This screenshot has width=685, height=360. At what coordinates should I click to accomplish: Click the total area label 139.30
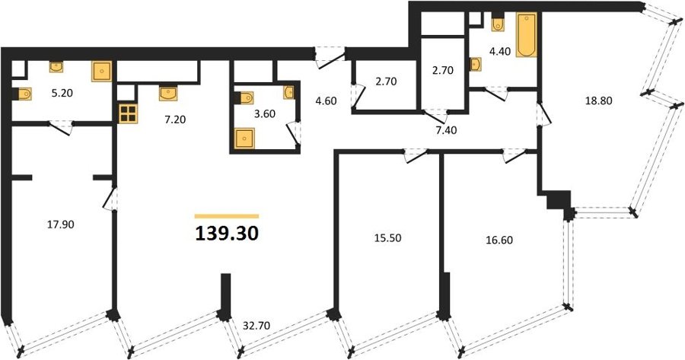(227, 234)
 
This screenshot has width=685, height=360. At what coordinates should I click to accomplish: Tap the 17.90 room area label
(60, 225)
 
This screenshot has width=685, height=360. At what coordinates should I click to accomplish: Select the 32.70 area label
(256, 326)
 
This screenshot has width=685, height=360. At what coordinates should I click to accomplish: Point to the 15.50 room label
(387, 238)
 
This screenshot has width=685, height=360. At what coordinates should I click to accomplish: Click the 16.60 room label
(499, 240)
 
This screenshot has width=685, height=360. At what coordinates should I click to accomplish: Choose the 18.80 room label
(598, 101)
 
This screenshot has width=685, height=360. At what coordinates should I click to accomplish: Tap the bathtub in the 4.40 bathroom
(526, 35)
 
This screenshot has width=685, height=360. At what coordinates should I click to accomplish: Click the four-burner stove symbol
(128, 113)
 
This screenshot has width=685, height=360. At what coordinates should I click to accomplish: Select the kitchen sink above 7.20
(168, 93)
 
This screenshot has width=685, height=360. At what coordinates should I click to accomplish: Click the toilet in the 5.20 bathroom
(23, 94)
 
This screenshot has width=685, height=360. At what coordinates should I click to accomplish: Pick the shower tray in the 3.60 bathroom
(244, 139)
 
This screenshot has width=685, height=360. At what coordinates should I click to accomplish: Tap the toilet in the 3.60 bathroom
(244, 98)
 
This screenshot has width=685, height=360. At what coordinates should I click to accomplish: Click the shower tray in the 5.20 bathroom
(102, 72)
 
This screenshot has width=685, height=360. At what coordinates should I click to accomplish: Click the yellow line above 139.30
(227, 216)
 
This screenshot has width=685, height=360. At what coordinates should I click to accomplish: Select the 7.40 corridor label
(443, 129)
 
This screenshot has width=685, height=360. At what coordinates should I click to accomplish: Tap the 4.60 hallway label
(326, 101)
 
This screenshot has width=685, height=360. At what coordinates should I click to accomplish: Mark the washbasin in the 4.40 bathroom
(476, 64)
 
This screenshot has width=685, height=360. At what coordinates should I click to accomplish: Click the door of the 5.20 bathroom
(60, 127)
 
